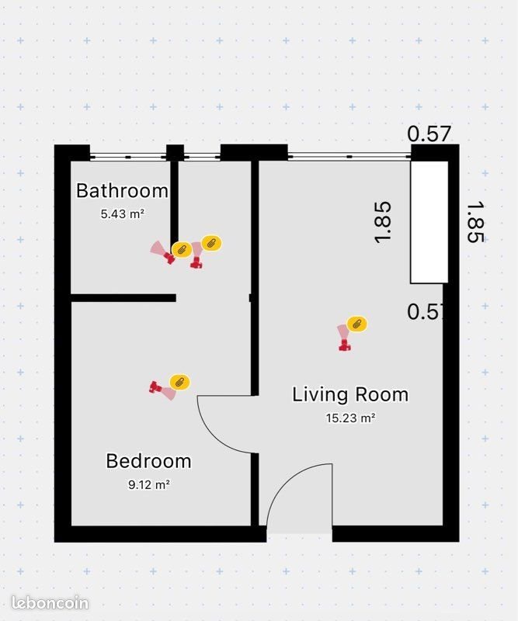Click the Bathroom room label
(122, 190)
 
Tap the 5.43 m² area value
(123, 213)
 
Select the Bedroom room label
(148, 461)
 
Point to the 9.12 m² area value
(148, 484)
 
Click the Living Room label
(350, 394)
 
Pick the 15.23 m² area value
(350, 418)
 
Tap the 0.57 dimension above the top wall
(429, 134)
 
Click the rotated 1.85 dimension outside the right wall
(475, 223)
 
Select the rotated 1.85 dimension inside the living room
(383, 223)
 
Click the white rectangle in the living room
(429, 222)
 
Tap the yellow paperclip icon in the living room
(357, 324)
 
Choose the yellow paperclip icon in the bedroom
(179, 382)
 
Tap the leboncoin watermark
(50, 603)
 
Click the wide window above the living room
(349, 156)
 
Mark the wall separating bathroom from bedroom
(123, 297)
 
